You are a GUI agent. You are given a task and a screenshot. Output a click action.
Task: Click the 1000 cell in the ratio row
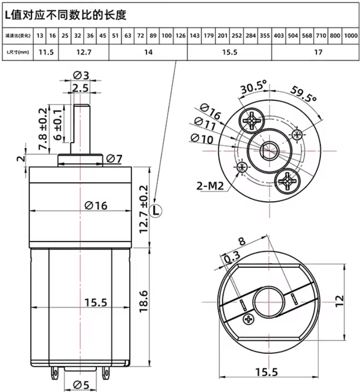pyautogui.click(x=351, y=35)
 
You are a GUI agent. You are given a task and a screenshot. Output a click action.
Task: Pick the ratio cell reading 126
pyautogui.click(x=180, y=35)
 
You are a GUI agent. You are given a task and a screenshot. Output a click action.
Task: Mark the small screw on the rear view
pyautogui.click(x=250, y=319)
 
